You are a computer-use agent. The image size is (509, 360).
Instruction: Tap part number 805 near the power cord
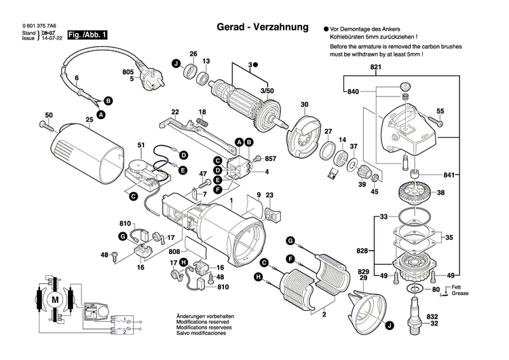[x=128, y=71]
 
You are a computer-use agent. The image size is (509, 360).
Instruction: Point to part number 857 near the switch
[x=269, y=158]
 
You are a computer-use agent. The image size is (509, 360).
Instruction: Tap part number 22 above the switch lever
[x=175, y=112]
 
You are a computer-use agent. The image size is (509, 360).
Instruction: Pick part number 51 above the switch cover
[x=141, y=145]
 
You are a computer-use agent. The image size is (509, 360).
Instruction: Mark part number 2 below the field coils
[x=324, y=315]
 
